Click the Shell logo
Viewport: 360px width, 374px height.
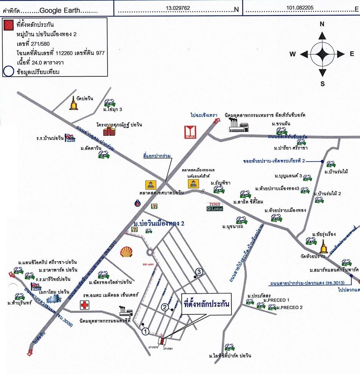tap(127, 251)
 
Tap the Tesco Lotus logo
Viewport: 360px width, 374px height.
tap(215, 206)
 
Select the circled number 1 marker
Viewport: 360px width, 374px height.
tap(145, 331)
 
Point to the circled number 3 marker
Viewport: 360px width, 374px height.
tap(200, 271)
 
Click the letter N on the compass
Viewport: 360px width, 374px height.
tap(322, 24)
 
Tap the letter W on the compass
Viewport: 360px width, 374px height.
tap(293, 54)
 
